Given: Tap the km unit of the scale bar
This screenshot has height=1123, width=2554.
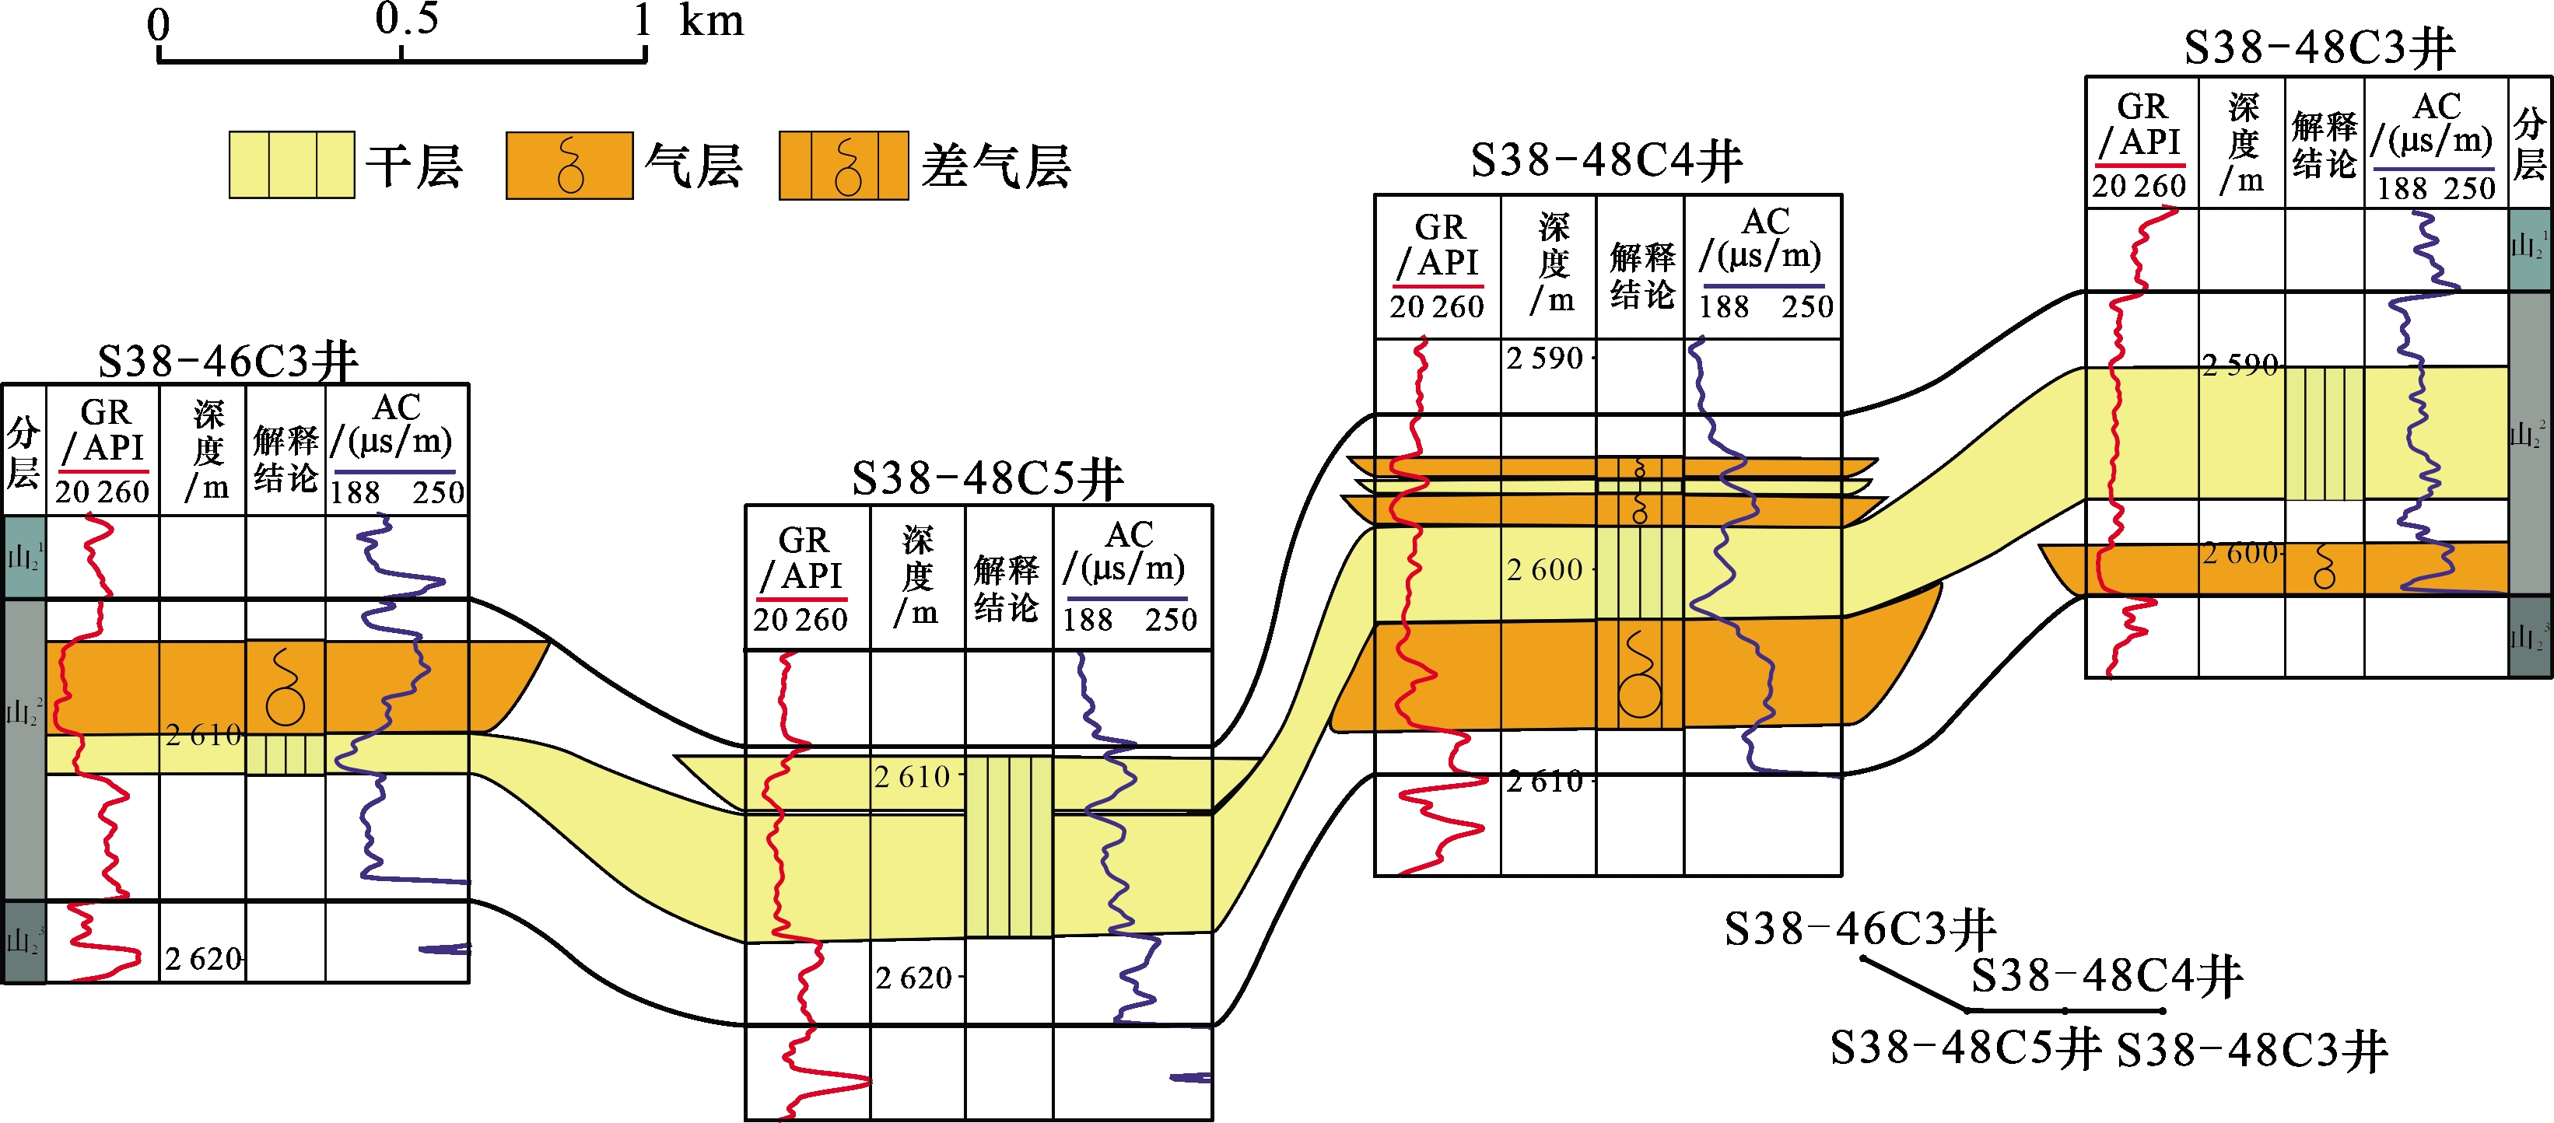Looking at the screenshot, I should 711,21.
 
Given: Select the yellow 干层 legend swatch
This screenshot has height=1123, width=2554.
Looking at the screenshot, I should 292,165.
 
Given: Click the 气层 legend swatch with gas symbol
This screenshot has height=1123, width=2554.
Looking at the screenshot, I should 569,166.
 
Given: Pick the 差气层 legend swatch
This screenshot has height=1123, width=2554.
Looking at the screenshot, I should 844,166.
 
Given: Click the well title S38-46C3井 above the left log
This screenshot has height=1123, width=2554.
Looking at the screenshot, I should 228,361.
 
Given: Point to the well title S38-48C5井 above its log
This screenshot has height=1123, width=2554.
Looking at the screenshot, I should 987,479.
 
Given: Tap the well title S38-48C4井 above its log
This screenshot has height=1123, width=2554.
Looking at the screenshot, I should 1606,160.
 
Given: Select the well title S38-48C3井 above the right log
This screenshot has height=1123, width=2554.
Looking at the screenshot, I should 2320,47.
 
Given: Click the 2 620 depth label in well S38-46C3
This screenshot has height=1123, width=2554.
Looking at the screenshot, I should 203,958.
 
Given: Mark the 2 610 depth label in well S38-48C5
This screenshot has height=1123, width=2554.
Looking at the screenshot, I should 912,776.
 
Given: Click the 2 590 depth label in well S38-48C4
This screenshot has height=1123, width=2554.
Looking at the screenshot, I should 1545,358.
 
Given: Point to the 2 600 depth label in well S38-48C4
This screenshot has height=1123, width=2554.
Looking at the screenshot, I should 1545,570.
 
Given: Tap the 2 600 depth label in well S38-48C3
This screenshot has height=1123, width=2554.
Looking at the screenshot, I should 2240,553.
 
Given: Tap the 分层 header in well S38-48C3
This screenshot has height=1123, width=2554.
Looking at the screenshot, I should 2529,144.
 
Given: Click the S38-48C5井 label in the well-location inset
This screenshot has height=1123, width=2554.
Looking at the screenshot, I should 1965,1048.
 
